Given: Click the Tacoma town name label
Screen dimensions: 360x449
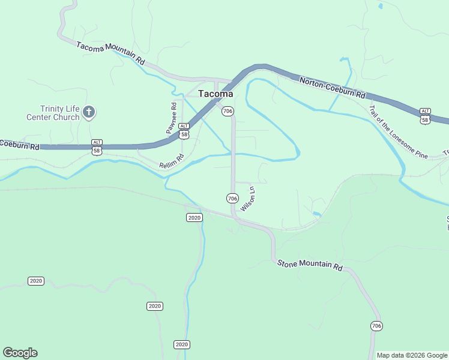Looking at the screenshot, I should tap(215, 94).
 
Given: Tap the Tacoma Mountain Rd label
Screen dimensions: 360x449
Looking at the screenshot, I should tap(111, 53).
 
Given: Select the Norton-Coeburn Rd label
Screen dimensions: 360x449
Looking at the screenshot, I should tap(332, 88).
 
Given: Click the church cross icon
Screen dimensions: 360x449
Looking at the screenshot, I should tap(89, 112).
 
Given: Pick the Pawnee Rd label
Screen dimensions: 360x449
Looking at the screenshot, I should tap(173, 118).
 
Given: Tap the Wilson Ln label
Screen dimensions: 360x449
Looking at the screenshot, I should tap(248, 199).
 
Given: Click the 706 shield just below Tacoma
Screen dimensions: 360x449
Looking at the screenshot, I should tap(228, 112).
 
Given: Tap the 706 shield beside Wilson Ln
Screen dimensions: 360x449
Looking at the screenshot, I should tap(233, 198).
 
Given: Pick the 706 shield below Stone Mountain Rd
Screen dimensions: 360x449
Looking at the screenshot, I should tap(376, 326).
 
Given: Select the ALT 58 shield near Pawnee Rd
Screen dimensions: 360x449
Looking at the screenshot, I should tap(184, 131).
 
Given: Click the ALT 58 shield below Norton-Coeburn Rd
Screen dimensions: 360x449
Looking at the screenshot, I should tap(425, 116).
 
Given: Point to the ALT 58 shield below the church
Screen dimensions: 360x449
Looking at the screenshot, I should tap(97, 148).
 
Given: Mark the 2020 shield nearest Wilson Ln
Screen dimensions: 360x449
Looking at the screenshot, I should tap(194, 217).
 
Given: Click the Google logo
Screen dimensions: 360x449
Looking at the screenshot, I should tap(20, 353).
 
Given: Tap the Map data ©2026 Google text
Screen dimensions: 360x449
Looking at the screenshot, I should tap(412, 355).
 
